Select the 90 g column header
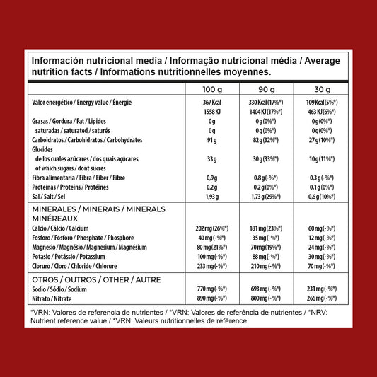263,90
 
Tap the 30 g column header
323,90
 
